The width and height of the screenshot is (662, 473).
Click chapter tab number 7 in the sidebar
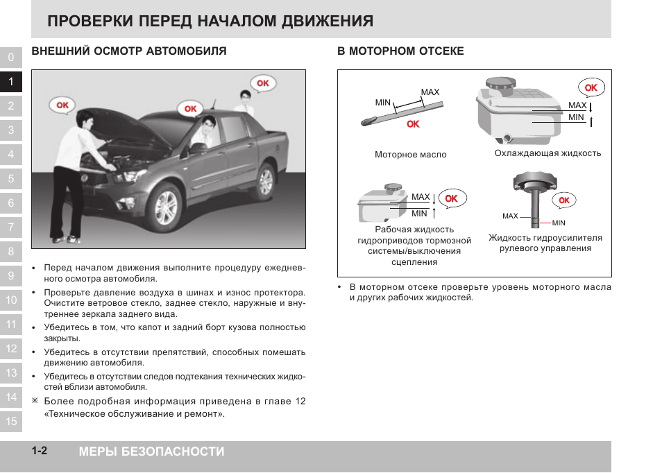coord(10,227)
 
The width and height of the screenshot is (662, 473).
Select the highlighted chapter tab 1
coord(10,82)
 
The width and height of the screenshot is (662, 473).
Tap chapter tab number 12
coord(10,349)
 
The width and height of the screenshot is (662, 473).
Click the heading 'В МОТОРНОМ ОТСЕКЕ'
coord(400,51)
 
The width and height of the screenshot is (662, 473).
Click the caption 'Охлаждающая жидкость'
coord(548,153)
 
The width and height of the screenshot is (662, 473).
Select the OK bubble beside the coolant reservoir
coord(591,88)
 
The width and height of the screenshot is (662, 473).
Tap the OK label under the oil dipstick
coord(414,124)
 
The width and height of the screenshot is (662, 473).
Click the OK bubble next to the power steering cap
coord(563,200)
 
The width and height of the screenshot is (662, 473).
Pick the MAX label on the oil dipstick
coord(430,92)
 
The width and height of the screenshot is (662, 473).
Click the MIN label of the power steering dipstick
coord(559,223)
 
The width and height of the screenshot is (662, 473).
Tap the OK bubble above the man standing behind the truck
coord(262,83)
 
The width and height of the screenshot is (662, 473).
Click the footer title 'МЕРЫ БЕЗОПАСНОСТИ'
coord(151,452)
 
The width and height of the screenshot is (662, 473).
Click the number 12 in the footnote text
coord(300,402)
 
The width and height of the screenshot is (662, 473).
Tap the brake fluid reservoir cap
coord(393,188)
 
